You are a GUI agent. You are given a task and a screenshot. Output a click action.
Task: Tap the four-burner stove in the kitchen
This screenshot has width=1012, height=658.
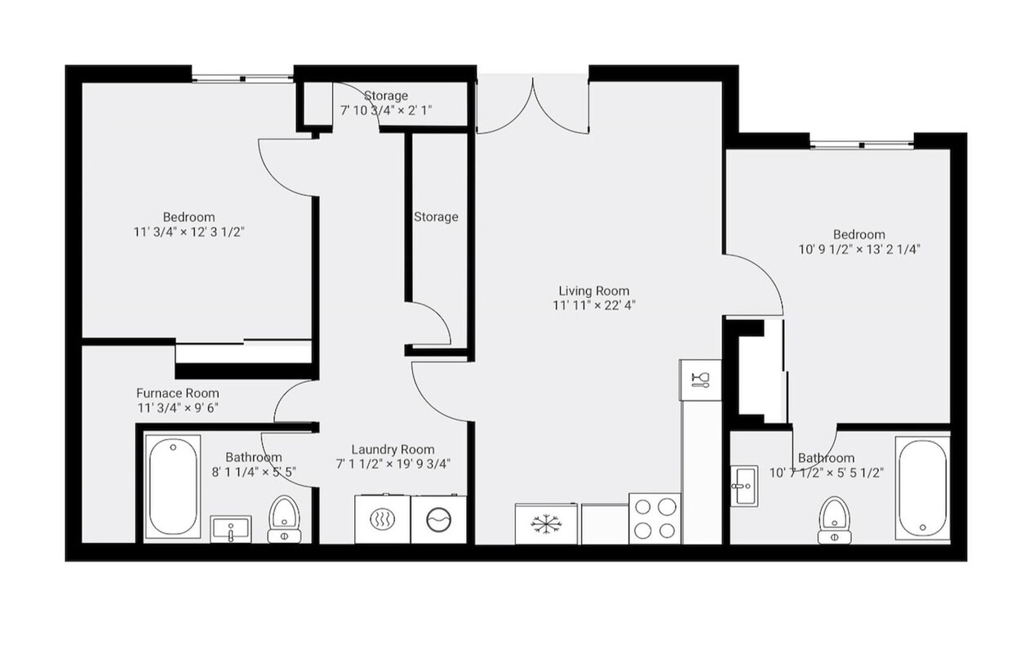(x=655, y=518)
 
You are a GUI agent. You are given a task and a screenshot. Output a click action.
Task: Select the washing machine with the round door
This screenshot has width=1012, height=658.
(x=439, y=519)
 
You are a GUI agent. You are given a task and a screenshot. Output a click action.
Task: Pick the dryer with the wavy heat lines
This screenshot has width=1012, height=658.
(x=382, y=519)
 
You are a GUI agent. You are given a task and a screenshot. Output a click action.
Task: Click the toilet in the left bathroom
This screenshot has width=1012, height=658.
(x=284, y=519)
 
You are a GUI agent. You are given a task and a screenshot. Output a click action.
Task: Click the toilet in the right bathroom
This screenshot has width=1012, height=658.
(x=834, y=520)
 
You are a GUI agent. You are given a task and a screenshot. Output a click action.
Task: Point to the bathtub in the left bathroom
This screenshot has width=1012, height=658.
(x=172, y=487)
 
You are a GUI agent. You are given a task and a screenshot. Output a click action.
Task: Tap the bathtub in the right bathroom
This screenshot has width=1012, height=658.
(x=922, y=488)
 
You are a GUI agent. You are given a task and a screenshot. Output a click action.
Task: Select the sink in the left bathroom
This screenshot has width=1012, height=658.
(x=231, y=529)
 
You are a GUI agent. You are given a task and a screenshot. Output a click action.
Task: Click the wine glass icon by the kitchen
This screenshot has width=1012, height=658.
(x=700, y=380)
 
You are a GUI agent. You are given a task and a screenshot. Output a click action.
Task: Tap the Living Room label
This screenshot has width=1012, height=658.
(x=593, y=291)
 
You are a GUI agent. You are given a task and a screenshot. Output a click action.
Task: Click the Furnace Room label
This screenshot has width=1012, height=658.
(x=177, y=393)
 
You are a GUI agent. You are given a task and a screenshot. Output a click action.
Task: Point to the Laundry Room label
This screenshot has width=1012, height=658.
(x=393, y=449)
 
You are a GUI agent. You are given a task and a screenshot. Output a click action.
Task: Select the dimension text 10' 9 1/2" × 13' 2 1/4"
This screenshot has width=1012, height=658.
(x=859, y=250)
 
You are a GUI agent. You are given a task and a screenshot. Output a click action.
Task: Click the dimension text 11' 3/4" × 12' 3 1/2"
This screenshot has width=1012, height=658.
(x=189, y=232)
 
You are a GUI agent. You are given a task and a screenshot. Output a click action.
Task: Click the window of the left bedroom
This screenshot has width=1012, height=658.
(x=242, y=78)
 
